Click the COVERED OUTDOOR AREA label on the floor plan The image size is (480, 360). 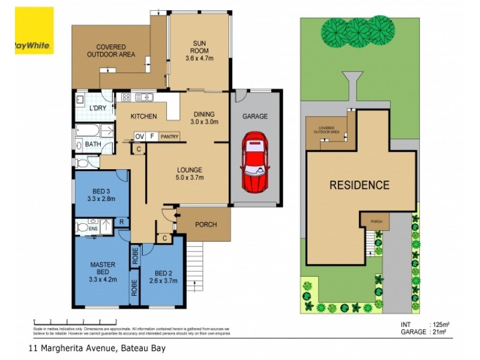[110, 51]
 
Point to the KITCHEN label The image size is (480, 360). [144, 116]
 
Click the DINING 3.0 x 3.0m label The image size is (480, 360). [204, 118]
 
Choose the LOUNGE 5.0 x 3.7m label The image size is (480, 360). [189, 173]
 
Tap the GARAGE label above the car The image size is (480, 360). [254, 116]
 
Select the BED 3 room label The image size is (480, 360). [100, 194]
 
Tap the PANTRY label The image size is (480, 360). [169, 137]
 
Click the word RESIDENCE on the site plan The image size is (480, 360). [359, 185]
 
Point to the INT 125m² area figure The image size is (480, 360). [423, 325]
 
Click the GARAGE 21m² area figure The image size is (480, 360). [423, 331]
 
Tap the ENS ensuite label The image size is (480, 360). [93, 229]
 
